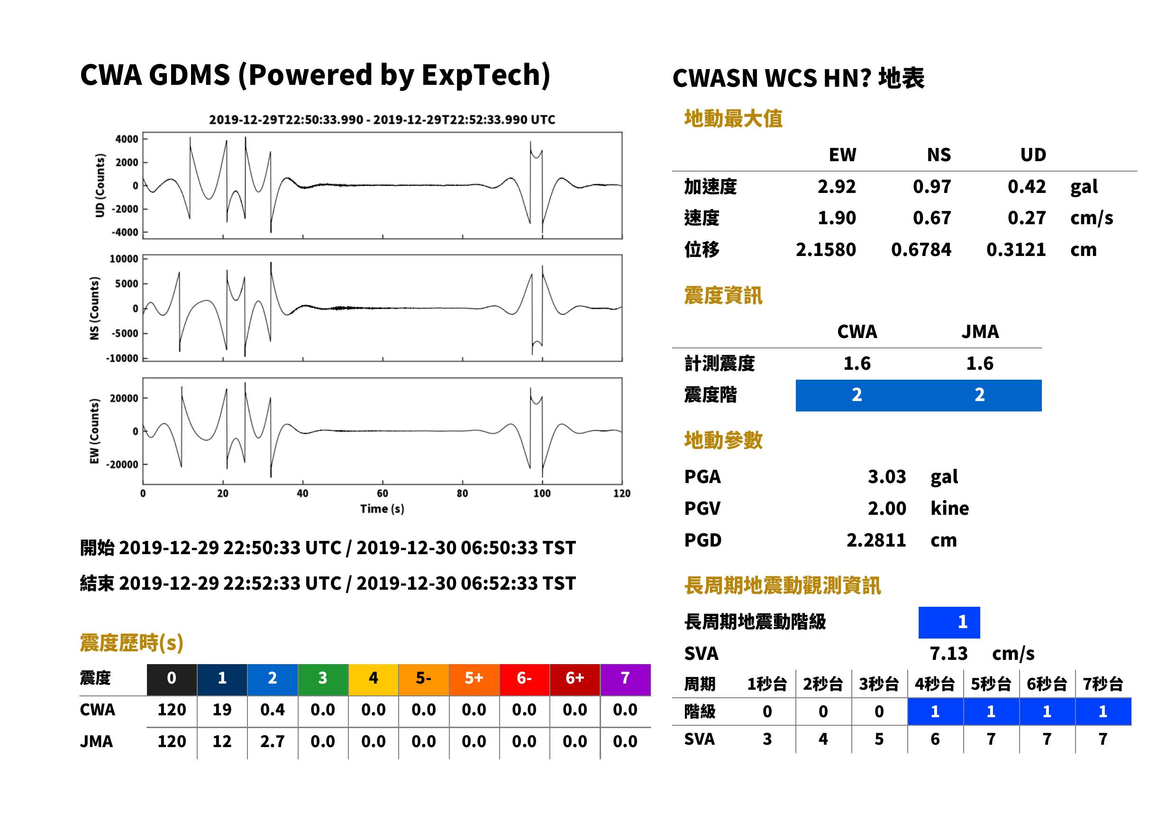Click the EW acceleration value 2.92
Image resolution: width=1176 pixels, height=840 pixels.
click(836, 186)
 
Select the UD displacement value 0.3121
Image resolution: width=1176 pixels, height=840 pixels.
click(1016, 249)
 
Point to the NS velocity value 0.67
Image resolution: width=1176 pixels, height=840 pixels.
click(931, 218)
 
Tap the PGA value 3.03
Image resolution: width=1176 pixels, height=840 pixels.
click(886, 476)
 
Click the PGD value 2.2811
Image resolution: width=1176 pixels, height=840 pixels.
click(876, 540)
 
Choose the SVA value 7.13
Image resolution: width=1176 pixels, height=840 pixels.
click(948, 653)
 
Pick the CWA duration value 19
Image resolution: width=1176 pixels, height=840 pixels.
click(222, 710)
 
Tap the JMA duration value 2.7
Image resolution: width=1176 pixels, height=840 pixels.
click(273, 741)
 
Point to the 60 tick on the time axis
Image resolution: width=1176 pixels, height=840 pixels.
click(382, 493)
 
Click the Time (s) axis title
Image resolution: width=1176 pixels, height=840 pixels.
click(382, 509)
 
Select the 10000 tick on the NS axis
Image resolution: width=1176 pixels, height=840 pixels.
click(124, 259)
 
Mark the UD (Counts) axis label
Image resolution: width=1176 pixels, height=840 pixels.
click(100, 185)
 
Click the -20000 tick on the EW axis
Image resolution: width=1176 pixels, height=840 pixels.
click(122, 465)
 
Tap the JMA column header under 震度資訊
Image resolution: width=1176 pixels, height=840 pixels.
click(980, 331)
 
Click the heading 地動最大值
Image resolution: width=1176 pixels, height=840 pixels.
click(733, 119)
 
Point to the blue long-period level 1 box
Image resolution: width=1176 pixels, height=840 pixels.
click(949, 622)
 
